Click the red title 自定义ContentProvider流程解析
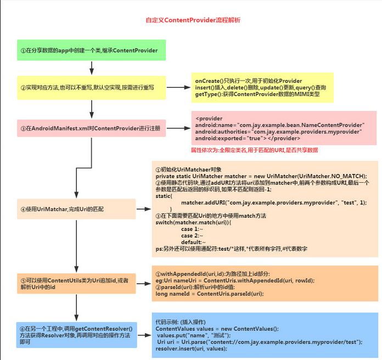point(192,20)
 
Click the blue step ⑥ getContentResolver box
point(76,334)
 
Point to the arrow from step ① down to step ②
point(91,67)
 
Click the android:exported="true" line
point(247,139)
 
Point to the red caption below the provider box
point(255,150)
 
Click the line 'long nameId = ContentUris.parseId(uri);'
point(210,294)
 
